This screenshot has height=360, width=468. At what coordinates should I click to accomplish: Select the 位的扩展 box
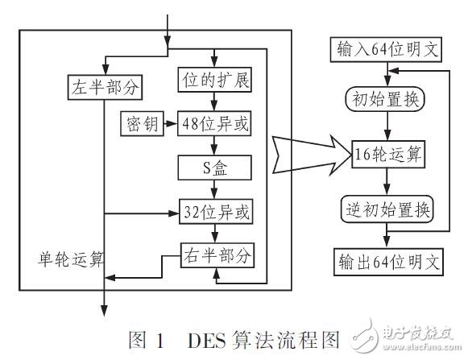pyautogui.click(x=213, y=81)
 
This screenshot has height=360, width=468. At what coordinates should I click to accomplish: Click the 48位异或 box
pyautogui.click(x=213, y=125)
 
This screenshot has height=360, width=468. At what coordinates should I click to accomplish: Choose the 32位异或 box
pyautogui.click(x=213, y=213)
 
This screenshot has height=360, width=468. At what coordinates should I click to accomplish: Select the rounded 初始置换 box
pyautogui.click(x=388, y=100)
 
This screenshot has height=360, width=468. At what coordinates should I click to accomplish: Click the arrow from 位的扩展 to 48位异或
pyautogui.click(x=213, y=103)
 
